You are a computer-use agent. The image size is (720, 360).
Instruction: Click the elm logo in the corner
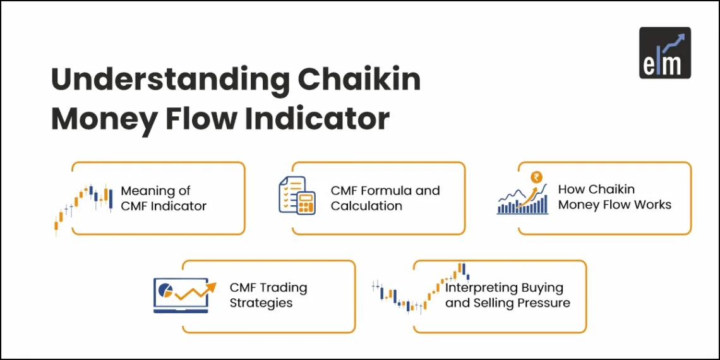tap(664, 52)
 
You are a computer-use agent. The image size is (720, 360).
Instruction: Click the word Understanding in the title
tap(165, 81)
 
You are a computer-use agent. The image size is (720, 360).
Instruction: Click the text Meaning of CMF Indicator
tap(164, 198)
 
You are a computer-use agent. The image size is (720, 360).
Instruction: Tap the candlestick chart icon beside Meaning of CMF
tap(85, 205)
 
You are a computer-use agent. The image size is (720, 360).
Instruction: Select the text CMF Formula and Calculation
tap(385, 198)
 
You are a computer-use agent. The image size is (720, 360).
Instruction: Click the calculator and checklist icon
tap(297, 196)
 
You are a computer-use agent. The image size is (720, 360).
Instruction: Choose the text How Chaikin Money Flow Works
tap(614, 197)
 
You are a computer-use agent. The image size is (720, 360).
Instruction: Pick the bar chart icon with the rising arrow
tap(522, 198)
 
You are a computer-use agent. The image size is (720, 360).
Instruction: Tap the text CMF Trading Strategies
tap(268, 295)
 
